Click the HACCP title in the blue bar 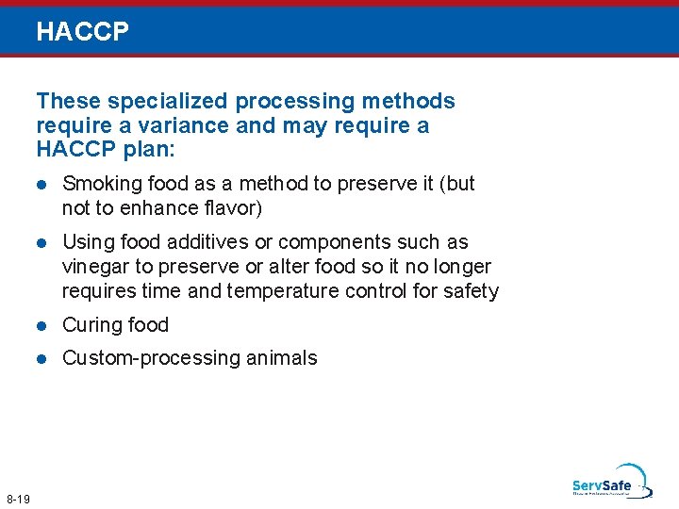click(82, 33)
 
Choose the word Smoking click(99, 184)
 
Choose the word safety click(470, 291)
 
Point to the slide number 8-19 click(18, 498)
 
